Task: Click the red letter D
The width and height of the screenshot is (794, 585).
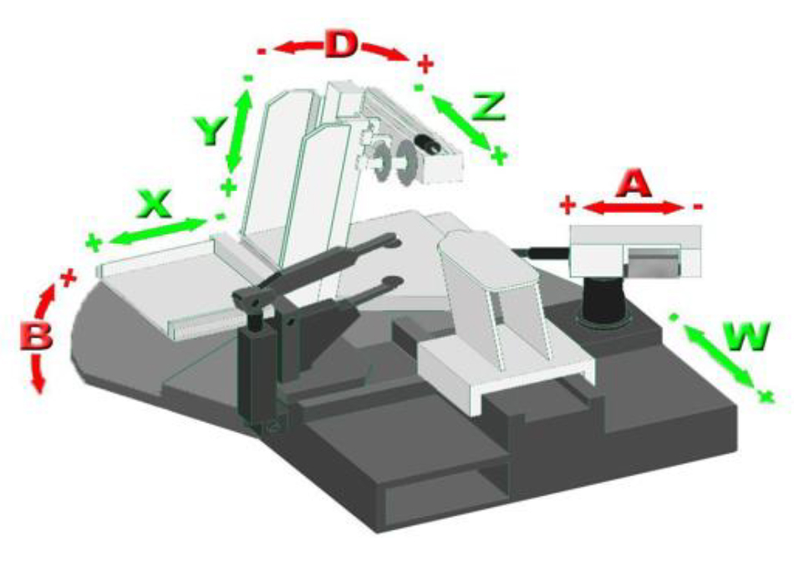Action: click(341, 44)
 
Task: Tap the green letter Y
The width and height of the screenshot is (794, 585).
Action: click(210, 130)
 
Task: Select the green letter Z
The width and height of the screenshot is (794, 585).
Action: click(487, 106)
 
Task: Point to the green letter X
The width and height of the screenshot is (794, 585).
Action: click(155, 205)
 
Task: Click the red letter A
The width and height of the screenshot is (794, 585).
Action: click(634, 184)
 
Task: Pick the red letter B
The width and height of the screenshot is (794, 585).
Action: click(36, 336)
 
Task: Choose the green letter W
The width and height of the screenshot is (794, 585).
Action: click(746, 336)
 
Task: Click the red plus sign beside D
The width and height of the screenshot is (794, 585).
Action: click(425, 65)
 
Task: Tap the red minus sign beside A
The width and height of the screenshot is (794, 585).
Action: click(697, 206)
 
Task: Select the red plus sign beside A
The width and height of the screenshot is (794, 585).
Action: click(568, 206)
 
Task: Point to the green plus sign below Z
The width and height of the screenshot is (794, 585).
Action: click(499, 156)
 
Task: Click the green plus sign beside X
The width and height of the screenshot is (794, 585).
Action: click(94, 242)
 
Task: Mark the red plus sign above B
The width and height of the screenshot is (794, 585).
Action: click(68, 277)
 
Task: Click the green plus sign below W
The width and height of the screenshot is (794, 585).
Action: click(766, 397)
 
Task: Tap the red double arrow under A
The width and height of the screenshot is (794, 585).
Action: click(633, 207)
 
